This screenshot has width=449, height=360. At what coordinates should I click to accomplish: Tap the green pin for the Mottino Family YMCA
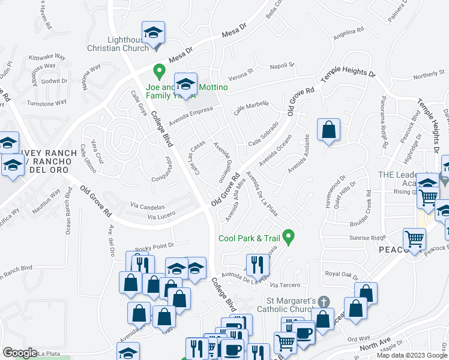(159, 71)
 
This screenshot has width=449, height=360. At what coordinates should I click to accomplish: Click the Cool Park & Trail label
(250, 238)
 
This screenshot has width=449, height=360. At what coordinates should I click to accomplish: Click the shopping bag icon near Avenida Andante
(329, 131)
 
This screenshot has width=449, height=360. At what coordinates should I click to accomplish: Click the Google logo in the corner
(20, 353)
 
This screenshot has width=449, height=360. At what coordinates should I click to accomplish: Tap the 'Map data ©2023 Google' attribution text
(411, 355)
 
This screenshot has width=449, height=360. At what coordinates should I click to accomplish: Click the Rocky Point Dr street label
(154, 245)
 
